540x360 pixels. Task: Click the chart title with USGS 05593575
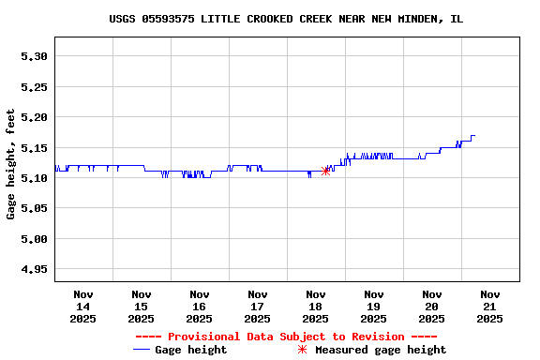286,19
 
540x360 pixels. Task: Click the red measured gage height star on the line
325,171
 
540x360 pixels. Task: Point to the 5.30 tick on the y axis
34,56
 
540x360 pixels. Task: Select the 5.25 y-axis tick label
34,87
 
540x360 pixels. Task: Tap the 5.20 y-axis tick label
34,117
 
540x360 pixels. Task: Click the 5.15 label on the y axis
34,148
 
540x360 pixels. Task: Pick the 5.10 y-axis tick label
34,178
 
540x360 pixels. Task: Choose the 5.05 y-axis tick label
34,209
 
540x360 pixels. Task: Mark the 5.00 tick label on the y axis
34,239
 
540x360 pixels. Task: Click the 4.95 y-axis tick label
34,270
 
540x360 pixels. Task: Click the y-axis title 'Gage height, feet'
11,164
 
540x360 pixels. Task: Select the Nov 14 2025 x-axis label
83,307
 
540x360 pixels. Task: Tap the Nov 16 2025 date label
200,307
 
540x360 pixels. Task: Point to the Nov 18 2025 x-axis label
316,307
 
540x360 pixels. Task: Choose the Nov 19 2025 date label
374,307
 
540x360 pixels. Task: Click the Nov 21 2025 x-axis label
489,307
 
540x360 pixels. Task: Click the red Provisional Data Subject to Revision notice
286,337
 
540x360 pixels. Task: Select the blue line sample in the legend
142,350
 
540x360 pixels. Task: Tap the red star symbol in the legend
302,350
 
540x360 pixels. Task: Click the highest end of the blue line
473,136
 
